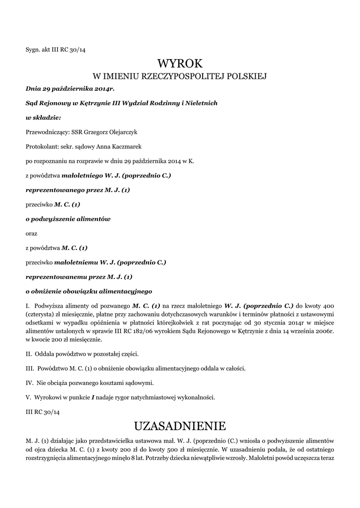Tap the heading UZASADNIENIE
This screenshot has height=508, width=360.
coord(180,426)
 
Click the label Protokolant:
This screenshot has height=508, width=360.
coord(41,147)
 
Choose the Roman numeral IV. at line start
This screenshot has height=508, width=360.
coord(29,382)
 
